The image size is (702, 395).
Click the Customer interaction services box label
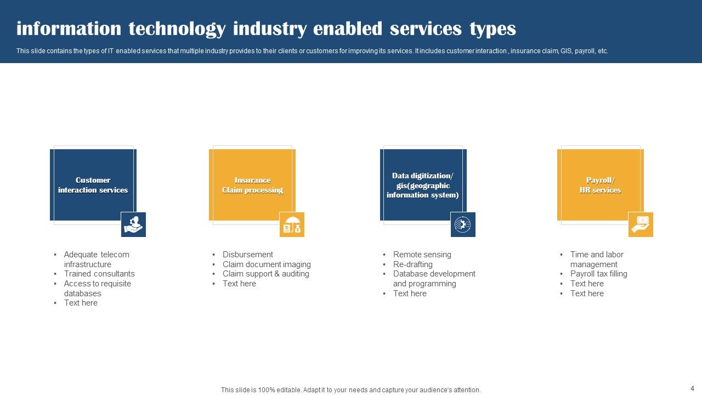click(x=93, y=185)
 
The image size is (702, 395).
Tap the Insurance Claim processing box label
click(x=252, y=185)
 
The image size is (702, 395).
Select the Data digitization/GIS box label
click(x=422, y=185)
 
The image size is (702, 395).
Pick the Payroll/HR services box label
click(x=600, y=185)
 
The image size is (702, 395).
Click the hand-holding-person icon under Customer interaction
click(x=133, y=224)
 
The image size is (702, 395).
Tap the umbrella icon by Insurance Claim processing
click(x=292, y=224)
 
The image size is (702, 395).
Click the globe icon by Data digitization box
click(x=463, y=224)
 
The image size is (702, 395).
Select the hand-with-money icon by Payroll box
click(x=641, y=224)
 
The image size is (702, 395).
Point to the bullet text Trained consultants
click(x=99, y=274)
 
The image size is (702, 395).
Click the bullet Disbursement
click(x=248, y=255)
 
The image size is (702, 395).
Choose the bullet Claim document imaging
click(x=267, y=264)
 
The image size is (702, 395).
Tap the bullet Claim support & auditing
click(x=266, y=274)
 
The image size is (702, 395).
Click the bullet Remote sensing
click(x=422, y=255)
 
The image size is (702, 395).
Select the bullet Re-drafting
click(x=413, y=264)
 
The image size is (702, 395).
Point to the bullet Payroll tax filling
click(x=599, y=274)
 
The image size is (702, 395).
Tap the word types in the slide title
click(x=492, y=29)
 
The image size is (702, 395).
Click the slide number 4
click(x=692, y=387)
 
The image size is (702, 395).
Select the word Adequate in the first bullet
click(x=81, y=255)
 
